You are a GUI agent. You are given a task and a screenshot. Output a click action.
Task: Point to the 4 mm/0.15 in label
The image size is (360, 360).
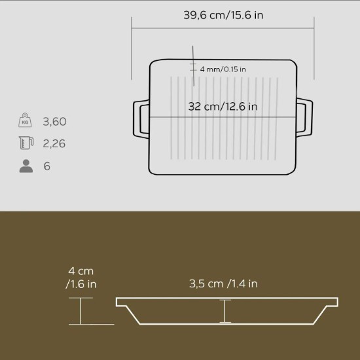click(223, 69)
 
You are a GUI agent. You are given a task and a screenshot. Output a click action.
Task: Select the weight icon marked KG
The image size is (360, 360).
click(25, 121)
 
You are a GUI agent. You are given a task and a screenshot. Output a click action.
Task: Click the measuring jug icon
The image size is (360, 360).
click(26, 143)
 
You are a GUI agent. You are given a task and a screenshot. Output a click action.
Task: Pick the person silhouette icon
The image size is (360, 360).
click(26, 166)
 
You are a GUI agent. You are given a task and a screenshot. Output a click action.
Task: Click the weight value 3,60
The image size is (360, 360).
click(54, 122)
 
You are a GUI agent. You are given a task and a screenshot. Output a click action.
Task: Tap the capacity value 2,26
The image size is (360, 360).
click(54, 144)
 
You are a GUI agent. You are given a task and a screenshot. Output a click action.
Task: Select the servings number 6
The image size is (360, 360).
click(47, 166)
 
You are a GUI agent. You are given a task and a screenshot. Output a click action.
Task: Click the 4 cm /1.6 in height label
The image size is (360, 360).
click(82, 278)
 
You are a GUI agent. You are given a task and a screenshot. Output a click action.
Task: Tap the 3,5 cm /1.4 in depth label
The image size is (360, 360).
click(223, 283)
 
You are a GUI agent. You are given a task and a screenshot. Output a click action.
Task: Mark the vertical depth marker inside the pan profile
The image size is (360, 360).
click(225, 311)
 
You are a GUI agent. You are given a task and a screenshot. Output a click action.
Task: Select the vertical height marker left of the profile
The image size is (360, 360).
click(81, 311)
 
